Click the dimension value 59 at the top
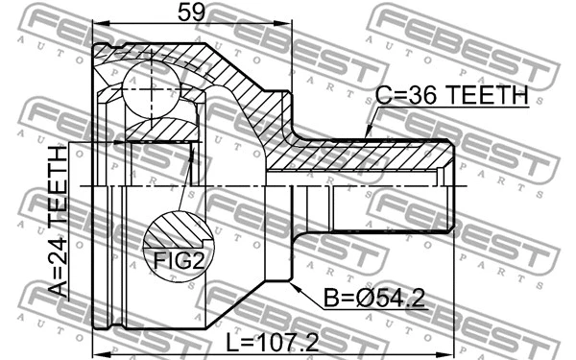tap(191, 13)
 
